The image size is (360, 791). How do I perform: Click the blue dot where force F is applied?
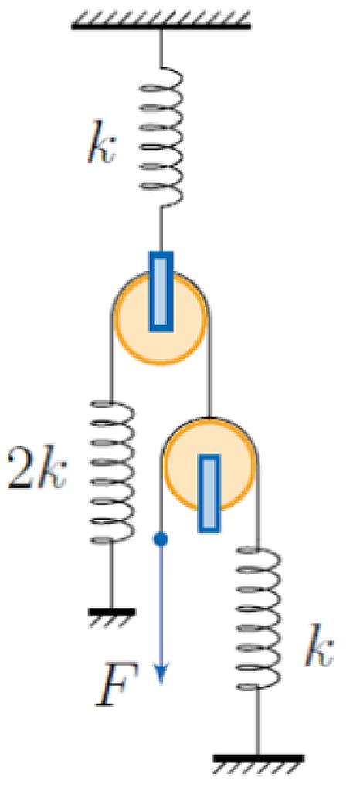click(x=161, y=539)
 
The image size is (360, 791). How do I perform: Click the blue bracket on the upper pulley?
click(x=161, y=291)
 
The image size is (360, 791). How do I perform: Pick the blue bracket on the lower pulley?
click(x=209, y=493)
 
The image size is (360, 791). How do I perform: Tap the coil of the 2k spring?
click(x=112, y=472)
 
